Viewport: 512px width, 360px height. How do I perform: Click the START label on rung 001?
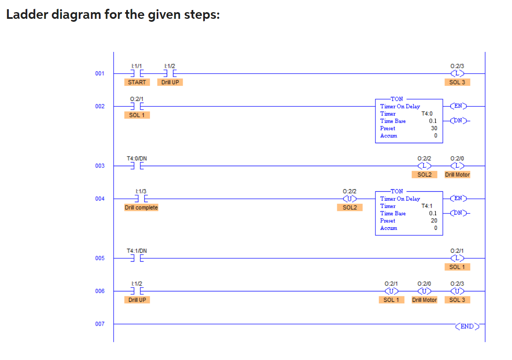point(137,82)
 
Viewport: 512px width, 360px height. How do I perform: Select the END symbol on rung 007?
point(467,326)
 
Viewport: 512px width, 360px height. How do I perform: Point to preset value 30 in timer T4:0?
point(434,129)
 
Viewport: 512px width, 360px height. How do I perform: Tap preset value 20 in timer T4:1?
point(434,221)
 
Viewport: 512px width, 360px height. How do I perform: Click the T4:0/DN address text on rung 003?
point(137,159)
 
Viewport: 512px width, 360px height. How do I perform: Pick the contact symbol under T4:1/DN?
point(137,258)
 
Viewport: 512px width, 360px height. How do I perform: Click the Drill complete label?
point(141,208)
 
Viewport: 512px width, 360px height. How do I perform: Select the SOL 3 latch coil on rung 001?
point(457,74)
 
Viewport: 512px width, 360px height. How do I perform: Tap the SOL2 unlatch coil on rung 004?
point(349,198)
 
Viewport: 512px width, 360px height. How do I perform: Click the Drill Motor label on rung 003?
point(457,175)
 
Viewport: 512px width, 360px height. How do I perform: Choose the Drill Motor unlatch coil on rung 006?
point(424,291)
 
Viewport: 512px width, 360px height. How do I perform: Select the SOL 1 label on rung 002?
point(137,115)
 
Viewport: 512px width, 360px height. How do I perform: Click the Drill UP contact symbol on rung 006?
point(137,291)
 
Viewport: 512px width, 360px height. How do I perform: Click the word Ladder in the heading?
point(26,15)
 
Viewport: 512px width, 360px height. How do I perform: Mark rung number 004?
point(100,198)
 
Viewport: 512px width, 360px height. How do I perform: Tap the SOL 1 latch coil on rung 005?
point(457,258)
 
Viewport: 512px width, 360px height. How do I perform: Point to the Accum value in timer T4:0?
point(435,136)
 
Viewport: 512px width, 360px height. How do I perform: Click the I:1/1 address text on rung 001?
point(137,66)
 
